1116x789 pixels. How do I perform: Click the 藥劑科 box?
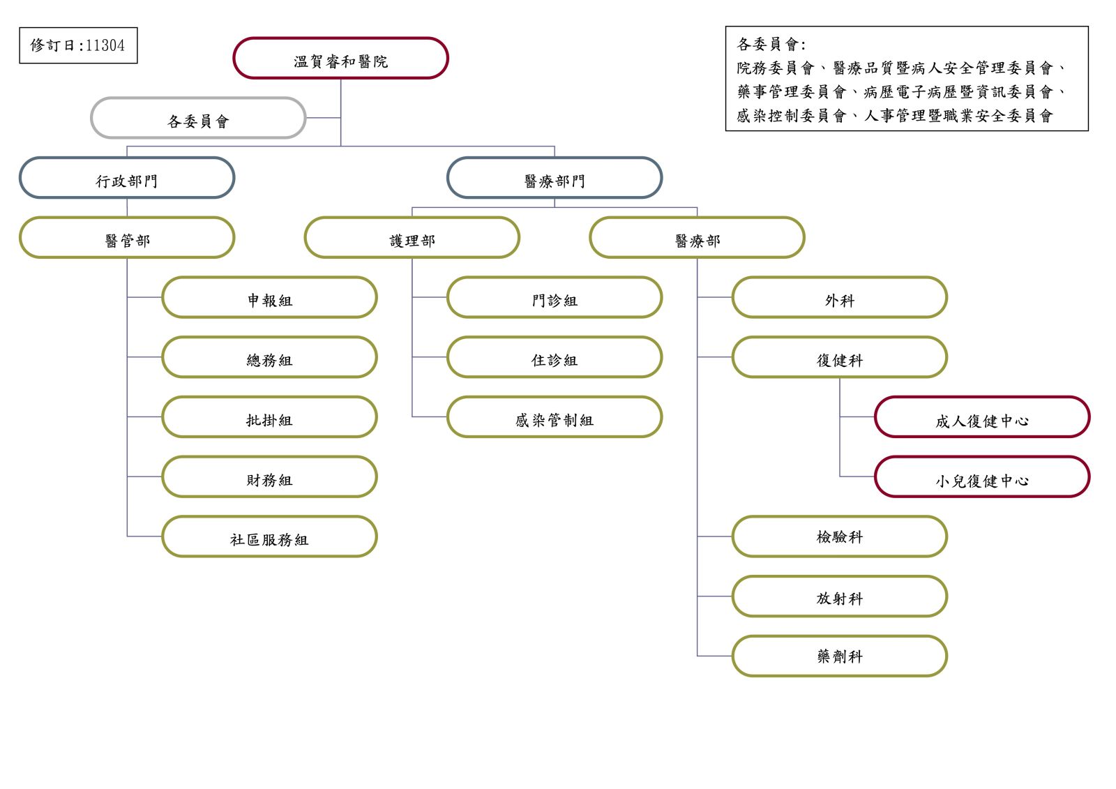(x=840, y=656)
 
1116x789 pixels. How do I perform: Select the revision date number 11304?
(x=105, y=46)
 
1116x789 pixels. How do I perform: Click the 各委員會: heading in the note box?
(x=771, y=45)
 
